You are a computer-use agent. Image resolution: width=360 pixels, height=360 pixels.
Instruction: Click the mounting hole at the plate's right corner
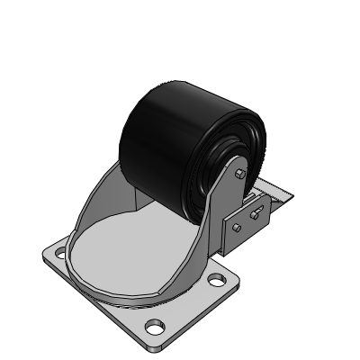(x=216, y=279)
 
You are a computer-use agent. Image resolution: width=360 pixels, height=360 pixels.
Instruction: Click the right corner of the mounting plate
(x=238, y=279)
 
